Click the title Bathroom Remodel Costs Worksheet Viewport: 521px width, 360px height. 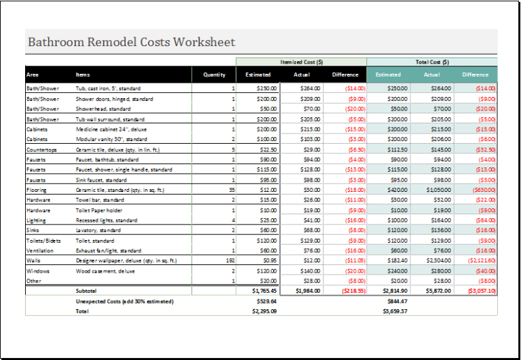coord(131,42)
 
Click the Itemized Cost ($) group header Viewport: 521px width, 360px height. coord(301,62)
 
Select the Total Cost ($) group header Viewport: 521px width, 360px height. coord(431,62)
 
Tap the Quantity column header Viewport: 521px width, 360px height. coord(214,75)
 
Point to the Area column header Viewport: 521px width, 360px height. coord(33,75)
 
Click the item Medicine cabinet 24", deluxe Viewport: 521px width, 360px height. coord(111,129)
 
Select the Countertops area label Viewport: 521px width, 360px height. coord(41,149)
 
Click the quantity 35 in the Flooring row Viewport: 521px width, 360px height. coord(231,190)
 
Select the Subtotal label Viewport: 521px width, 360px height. coord(87,290)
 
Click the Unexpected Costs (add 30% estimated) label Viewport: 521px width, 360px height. coord(124,301)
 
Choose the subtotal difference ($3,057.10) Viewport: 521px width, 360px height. coord(481,290)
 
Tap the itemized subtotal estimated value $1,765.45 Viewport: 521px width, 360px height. coord(263,290)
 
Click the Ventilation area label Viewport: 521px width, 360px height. coord(40,250)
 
